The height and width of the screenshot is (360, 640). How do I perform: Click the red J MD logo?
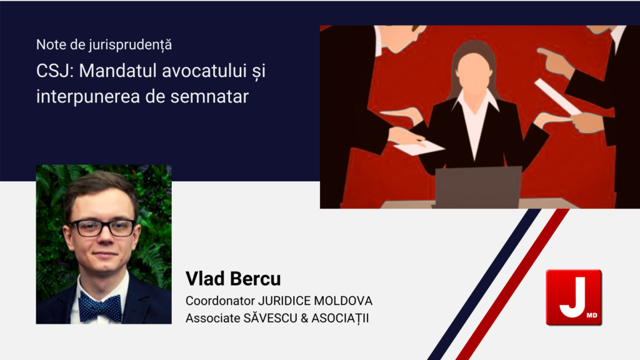tap(574, 297)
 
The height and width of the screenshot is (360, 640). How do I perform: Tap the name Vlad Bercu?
tap(233, 279)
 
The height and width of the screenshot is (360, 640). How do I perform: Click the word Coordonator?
tap(220, 301)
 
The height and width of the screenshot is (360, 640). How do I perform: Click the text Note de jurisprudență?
tap(104, 44)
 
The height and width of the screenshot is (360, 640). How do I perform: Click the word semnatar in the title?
tap(209, 97)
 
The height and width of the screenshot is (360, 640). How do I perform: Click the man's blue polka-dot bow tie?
tap(99, 307)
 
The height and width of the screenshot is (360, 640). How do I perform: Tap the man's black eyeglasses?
tap(102, 227)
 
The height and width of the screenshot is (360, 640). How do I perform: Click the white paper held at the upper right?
tap(557, 97)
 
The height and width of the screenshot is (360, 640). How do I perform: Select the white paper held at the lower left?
tap(418, 147)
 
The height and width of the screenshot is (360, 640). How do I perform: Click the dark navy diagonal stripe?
tap(484, 284)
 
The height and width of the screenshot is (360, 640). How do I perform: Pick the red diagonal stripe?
tap(512, 284)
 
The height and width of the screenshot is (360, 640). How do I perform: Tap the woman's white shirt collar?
tap(475, 107)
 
